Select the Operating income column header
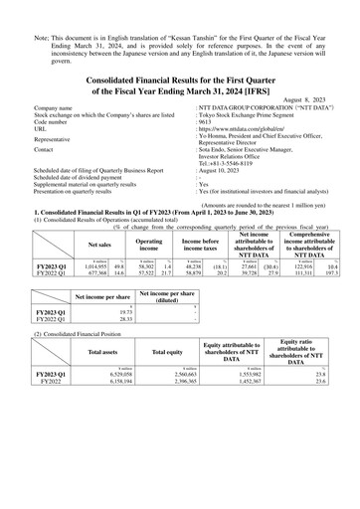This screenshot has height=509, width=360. (148, 242)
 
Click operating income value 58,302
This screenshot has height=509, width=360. (145, 267)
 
